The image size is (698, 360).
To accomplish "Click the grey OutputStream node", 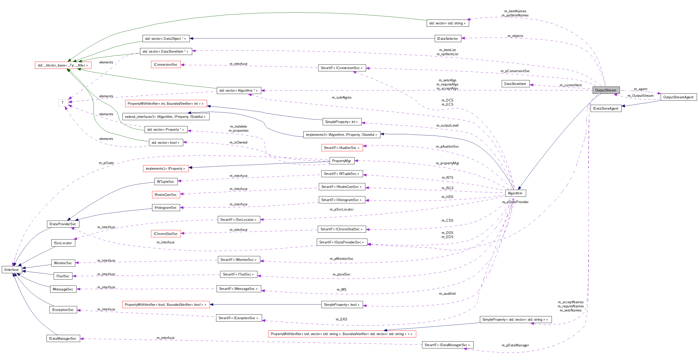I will coord(606,90).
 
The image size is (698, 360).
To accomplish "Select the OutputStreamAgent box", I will coord(678,97).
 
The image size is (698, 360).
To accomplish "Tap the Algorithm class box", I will coord(515,193).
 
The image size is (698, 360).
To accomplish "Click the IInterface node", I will coord(11,270).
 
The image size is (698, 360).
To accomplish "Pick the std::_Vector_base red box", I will coord(63,65).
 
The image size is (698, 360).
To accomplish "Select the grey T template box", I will coord(63,103).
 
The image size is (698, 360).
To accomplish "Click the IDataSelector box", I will coord(447,39).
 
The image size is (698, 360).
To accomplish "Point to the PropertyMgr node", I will coord(341,161).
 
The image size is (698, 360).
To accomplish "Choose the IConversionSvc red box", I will coord(165,64).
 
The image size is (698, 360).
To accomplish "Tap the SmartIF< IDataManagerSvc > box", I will coord(447,345).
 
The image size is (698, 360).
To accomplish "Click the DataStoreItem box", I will coord(515,84).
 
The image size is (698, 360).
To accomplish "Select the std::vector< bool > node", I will coord(165,143).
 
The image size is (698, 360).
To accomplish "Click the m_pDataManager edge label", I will coord(515,345).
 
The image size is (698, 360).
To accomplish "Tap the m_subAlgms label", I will coord(341,97).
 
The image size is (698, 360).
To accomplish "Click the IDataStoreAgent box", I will coord(606,108).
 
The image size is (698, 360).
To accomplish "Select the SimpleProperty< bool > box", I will coord(341,305).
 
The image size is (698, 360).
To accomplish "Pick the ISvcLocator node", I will coord(63,243).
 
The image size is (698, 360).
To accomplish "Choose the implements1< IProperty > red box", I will coord(165,168).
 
